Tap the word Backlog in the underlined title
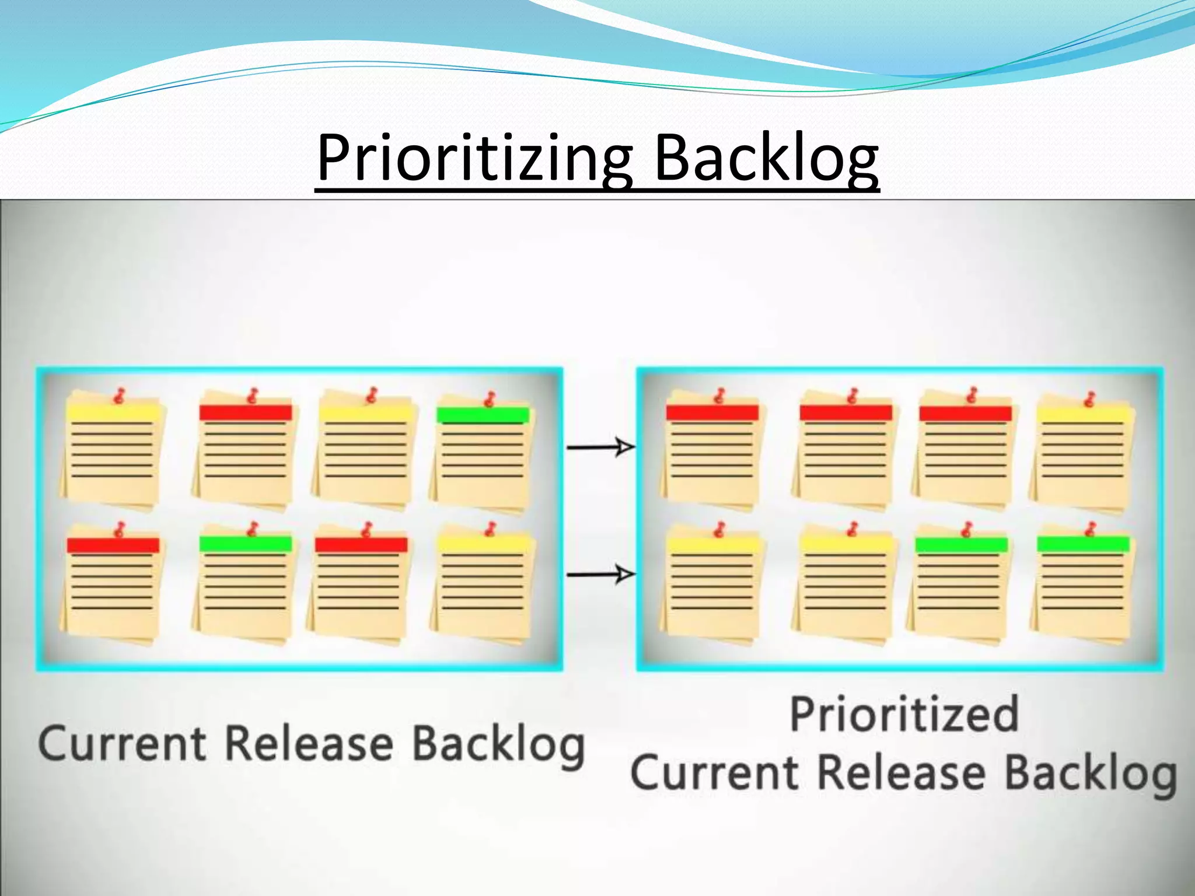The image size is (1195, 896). click(x=766, y=159)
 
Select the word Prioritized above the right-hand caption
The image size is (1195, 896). click(x=904, y=713)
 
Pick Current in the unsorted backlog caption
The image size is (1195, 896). click(x=123, y=744)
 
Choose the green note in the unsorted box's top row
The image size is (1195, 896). click(x=483, y=455)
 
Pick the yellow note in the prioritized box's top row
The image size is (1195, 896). click(x=1083, y=455)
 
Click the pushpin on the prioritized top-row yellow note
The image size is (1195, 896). click(x=1089, y=400)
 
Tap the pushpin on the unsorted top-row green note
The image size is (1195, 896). click(x=489, y=400)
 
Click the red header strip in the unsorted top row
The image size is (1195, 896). click(x=245, y=412)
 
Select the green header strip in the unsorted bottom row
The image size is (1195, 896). click(x=245, y=544)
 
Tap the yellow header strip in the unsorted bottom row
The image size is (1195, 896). click(x=484, y=544)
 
